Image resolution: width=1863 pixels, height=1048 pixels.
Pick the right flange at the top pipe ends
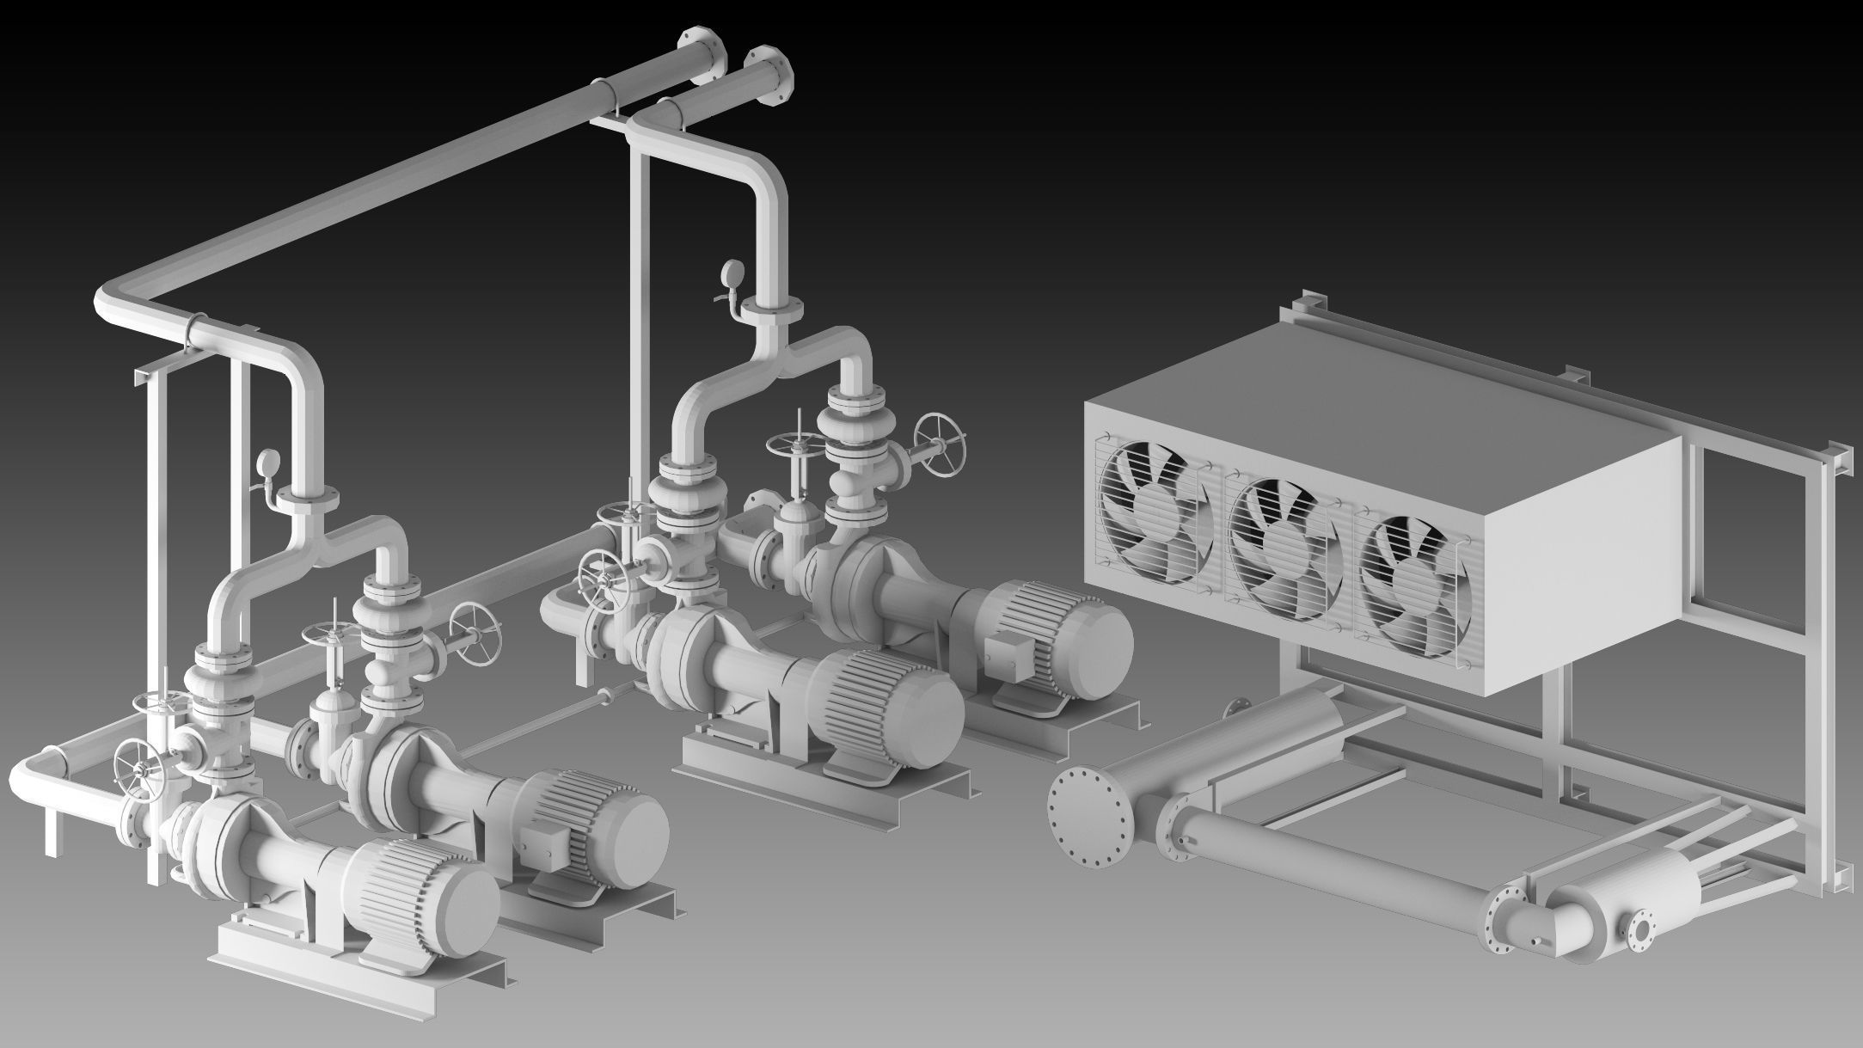point(772,75)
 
